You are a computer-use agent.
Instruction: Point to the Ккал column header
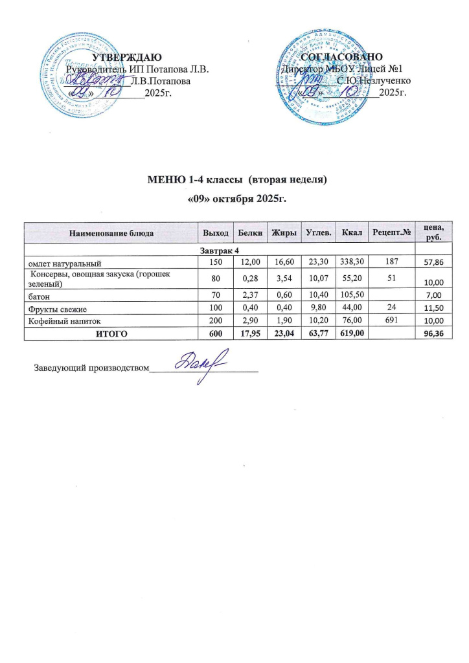[351, 232]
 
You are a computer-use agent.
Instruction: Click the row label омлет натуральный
[63, 263]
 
